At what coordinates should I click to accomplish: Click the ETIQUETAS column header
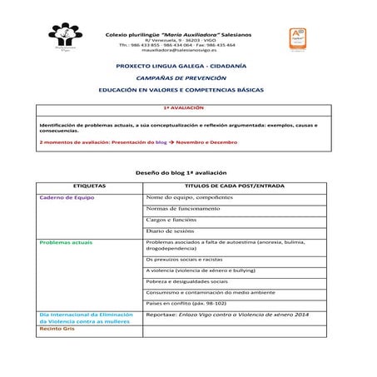pyautogui.click(x=90, y=186)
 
